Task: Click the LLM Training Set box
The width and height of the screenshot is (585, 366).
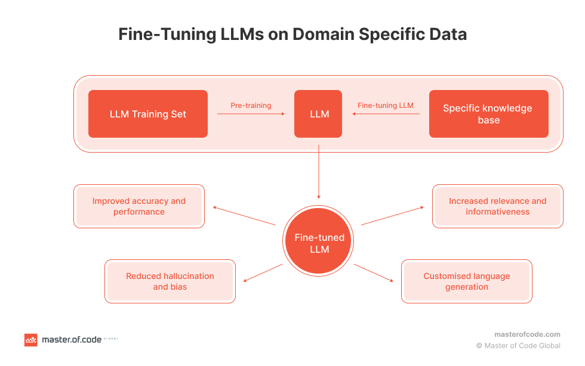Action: click(148, 114)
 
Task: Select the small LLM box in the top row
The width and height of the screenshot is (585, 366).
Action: click(318, 114)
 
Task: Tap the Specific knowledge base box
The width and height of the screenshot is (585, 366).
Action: click(488, 114)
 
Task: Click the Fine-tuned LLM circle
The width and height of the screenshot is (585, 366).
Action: click(319, 243)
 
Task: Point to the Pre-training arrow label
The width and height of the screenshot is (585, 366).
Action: click(251, 106)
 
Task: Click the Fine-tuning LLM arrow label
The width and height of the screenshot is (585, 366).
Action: click(385, 106)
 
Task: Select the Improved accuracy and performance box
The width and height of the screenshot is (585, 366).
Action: click(139, 206)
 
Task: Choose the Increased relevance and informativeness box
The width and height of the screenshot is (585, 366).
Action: click(497, 206)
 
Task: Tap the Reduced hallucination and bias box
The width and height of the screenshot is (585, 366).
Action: click(170, 281)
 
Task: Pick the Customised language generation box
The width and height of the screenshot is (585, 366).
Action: click(466, 281)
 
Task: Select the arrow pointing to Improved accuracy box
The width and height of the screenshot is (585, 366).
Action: click(244, 216)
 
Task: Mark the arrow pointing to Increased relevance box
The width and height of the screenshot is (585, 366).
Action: click(393, 216)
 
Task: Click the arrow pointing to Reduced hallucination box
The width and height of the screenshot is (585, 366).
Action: click(263, 272)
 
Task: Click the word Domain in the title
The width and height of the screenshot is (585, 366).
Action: click(322, 34)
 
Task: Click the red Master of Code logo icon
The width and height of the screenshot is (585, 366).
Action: click(30, 340)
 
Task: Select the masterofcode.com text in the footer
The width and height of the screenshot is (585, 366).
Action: click(527, 334)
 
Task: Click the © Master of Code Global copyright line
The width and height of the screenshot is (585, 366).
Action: click(518, 346)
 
